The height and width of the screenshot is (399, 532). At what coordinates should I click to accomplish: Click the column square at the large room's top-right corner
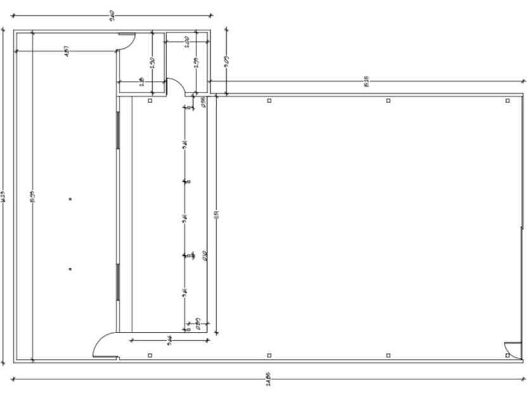(507, 100)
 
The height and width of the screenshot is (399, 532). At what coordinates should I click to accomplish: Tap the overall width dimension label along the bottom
(269, 382)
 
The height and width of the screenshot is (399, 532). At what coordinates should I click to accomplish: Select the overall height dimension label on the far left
(4, 196)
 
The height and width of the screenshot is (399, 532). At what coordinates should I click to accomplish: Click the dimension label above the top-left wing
(111, 13)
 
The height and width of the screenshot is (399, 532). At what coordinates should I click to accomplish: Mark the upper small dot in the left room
(70, 199)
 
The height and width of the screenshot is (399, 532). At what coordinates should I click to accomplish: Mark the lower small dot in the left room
(70, 269)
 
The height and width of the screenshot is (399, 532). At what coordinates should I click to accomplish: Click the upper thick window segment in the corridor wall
(118, 130)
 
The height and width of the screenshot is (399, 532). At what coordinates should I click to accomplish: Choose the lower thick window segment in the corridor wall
(118, 282)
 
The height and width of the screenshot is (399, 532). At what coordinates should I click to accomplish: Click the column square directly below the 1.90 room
(150, 100)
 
